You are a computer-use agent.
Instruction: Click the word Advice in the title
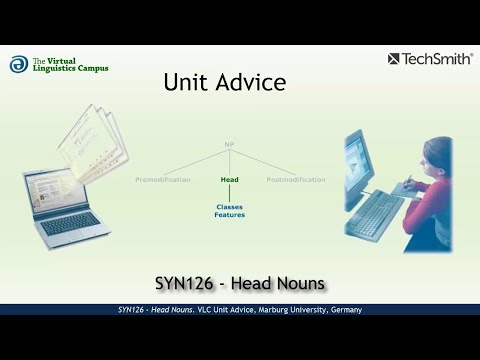coord(250,83)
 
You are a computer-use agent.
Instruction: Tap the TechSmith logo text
coord(437,59)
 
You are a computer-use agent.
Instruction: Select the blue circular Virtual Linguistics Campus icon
coord(18,64)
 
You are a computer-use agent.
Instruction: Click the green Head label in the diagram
coord(229,180)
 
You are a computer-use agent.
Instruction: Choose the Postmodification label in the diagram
coord(296,180)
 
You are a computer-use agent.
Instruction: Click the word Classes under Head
coord(229,207)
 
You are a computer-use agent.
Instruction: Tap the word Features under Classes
coord(229,215)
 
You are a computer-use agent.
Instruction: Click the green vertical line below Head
coord(229,193)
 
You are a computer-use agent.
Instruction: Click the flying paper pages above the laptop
coord(90,141)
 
